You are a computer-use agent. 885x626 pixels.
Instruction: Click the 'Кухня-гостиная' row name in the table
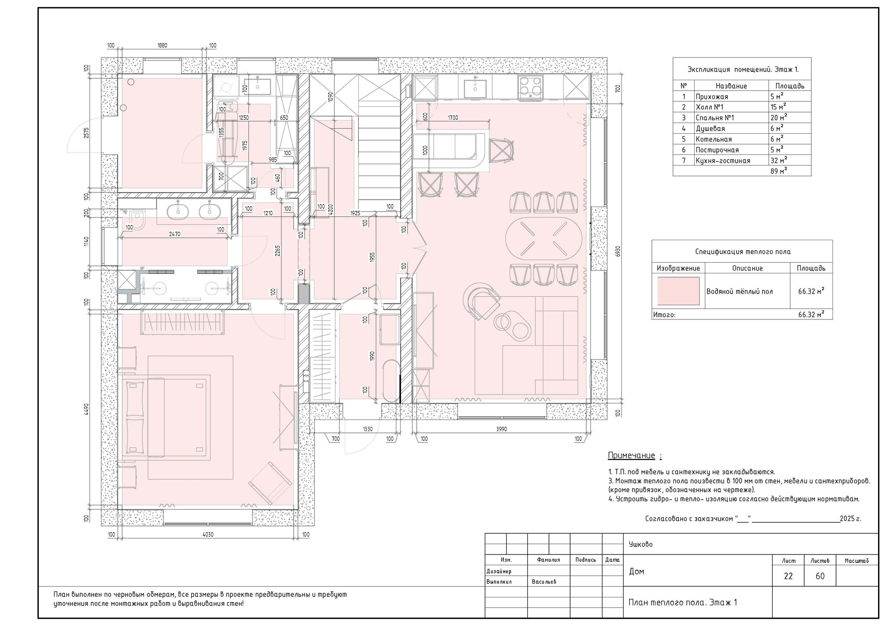(x=723, y=160)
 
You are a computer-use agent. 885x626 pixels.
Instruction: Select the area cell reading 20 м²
(x=779, y=118)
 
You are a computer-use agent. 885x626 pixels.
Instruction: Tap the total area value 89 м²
(x=779, y=171)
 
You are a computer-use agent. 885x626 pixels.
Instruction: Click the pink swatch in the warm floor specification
(x=678, y=291)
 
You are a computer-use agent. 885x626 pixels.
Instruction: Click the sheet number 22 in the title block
(x=788, y=576)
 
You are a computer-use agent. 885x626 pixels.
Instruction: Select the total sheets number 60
(x=820, y=576)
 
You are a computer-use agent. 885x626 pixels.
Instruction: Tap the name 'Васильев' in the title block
(x=544, y=582)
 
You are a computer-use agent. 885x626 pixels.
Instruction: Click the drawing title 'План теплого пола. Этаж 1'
(x=683, y=602)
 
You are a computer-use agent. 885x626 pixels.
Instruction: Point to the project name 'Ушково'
(x=641, y=544)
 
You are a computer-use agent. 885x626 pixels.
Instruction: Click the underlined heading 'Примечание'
(x=631, y=455)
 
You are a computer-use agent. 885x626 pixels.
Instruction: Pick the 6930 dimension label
(x=618, y=251)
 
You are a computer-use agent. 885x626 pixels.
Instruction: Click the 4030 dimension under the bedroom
(x=208, y=535)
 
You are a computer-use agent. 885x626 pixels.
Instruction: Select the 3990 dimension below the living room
(x=501, y=429)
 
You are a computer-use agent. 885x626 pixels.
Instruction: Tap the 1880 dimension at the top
(x=162, y=46)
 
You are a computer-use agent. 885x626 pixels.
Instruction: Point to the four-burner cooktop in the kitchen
(x=531, y=87)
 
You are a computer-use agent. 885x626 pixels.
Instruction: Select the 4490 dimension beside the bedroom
(x=87, y=410)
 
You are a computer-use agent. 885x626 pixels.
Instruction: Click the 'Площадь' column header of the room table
(x=790, y=86)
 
